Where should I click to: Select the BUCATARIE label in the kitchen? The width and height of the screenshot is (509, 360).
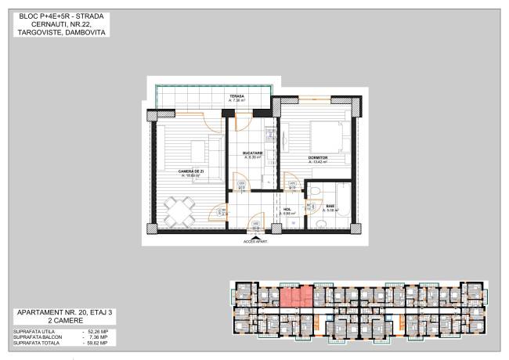tap(252, 154)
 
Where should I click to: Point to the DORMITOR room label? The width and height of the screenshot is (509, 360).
tap(316, 158)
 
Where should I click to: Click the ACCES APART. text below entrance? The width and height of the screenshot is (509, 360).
tap(255, 242)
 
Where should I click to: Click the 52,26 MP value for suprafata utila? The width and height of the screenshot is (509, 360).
tap(97, 331)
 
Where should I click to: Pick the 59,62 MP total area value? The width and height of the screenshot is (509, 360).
tap(97, 343)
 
